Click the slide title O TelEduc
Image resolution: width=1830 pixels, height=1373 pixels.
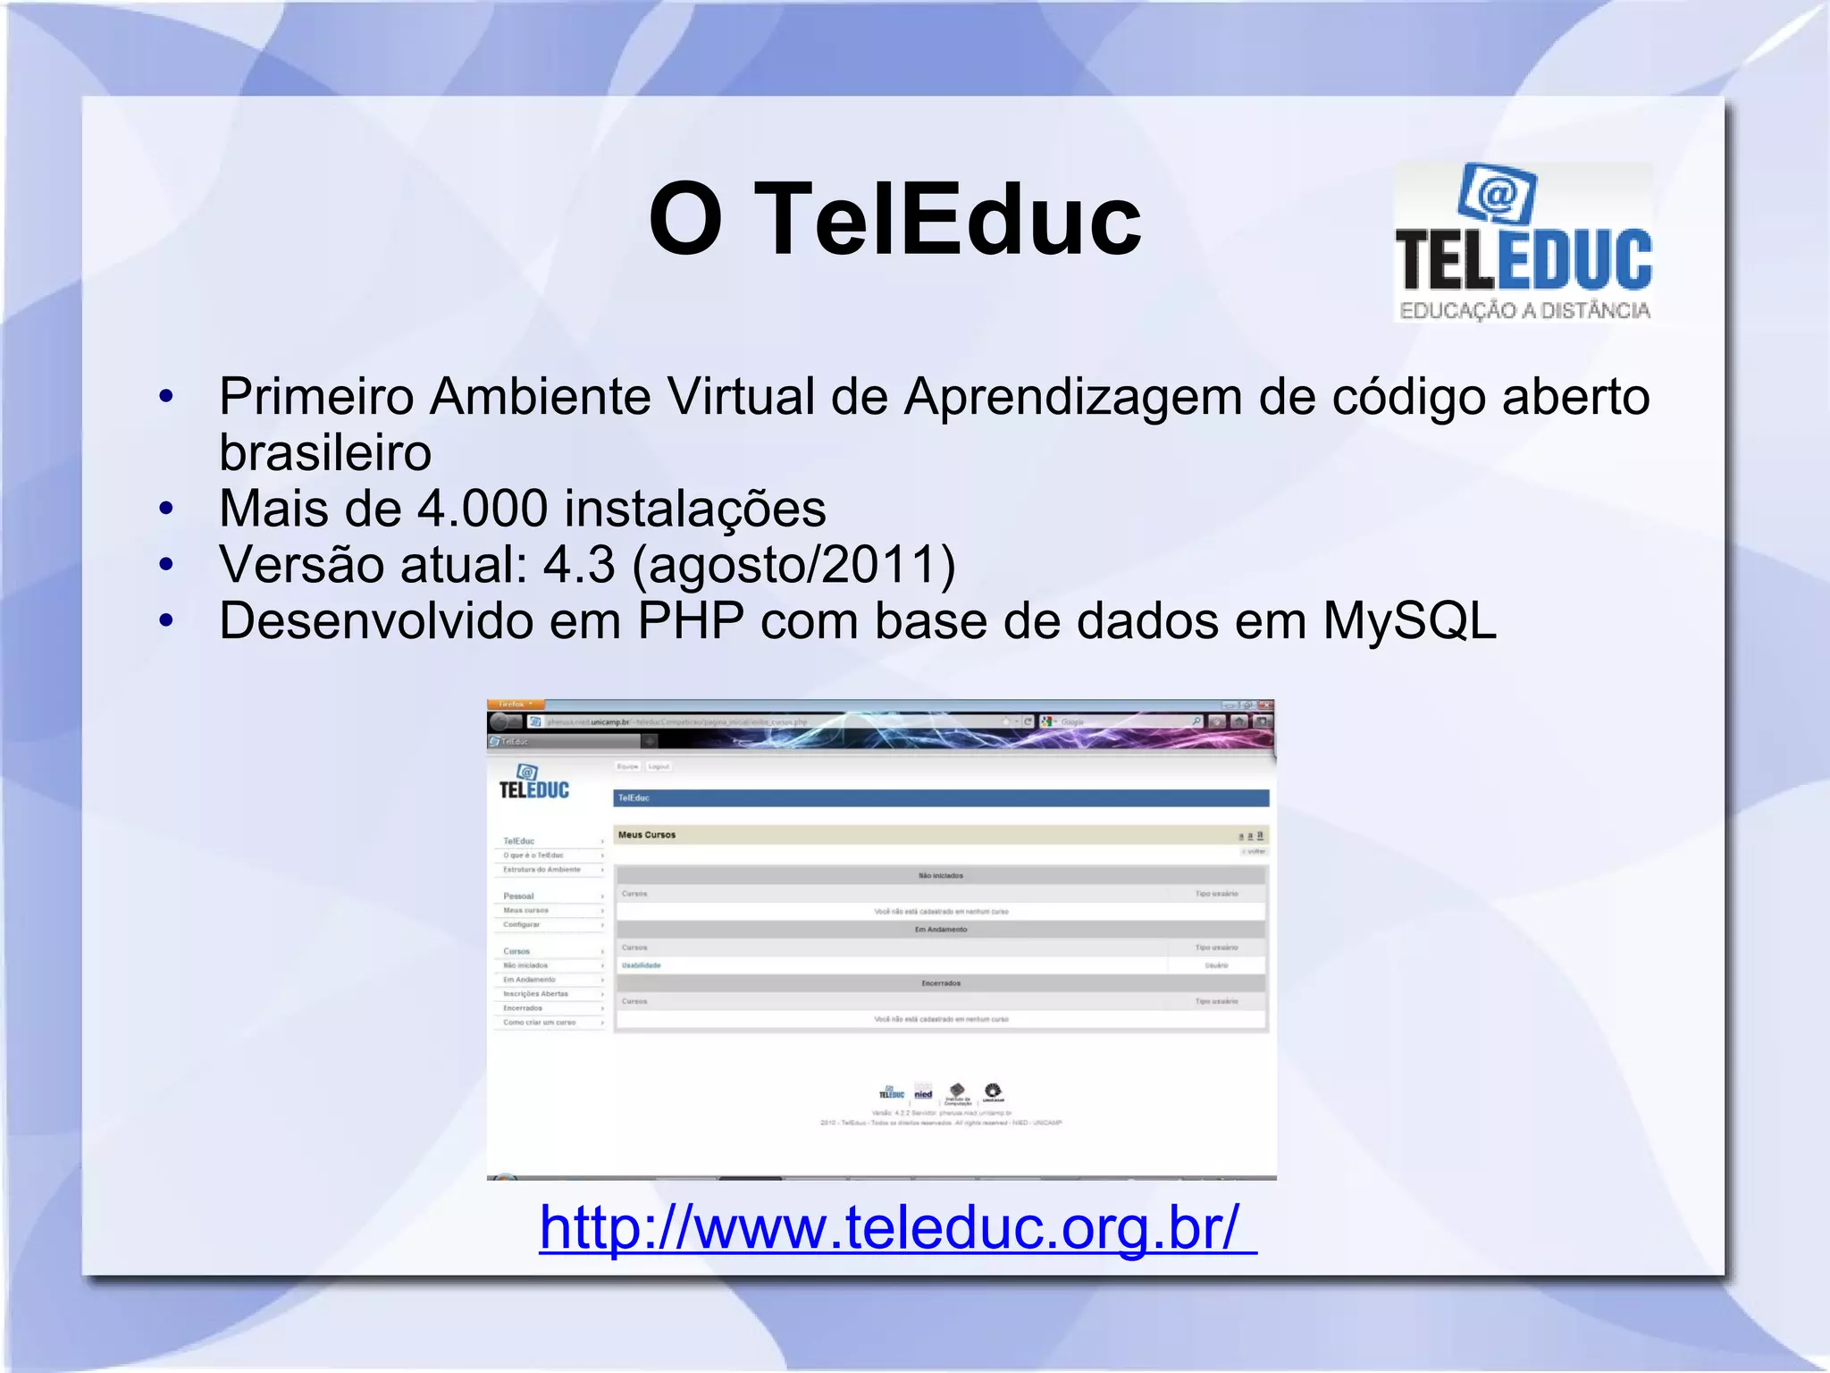click(x=894, y=219)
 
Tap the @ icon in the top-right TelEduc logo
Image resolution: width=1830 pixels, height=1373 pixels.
click(x=1498, y=192)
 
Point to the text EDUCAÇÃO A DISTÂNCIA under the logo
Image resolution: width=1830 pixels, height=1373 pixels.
click(x=1524, y=310)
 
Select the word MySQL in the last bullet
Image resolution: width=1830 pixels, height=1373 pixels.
click(x=1409, y=620)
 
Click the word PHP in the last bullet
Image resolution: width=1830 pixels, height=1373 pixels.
click(x=690, y=620)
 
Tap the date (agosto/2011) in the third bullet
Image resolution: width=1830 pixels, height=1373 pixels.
click(x=793, y=565)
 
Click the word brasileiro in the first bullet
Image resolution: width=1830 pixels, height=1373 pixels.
click(x=325, y=452)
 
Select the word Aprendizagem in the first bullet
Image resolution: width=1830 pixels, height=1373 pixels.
click(x=1072, y=396)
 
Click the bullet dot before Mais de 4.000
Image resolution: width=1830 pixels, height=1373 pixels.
click(x=166, y=509)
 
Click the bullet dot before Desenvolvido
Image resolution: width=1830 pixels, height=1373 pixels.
click(x=166, y=620)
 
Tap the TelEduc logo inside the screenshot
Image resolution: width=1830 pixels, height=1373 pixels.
click(x=533, y=782)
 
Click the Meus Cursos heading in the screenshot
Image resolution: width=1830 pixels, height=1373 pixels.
click(x=647, y=835)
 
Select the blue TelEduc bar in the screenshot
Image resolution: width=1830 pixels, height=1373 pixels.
click(x=940, y=797)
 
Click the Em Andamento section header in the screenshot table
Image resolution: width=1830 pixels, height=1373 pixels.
click(x=940, y=930)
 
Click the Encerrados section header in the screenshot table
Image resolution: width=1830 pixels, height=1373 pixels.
click(x=940, y=983)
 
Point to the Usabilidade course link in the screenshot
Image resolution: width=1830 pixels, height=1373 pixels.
click(x=641, y=965)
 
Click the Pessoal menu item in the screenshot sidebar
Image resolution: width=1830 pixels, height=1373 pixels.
click(x=518, y=896)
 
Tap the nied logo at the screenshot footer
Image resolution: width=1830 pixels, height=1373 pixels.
click(x=923, y=1093)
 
